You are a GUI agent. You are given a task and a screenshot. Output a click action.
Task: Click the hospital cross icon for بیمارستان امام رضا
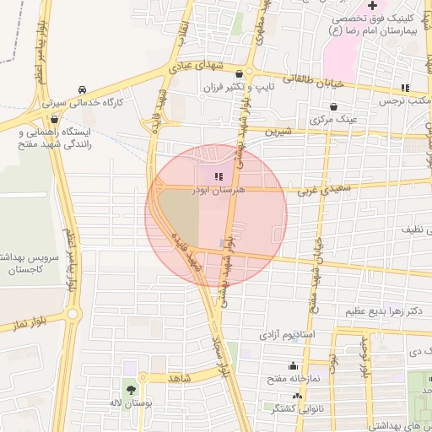[372, 5]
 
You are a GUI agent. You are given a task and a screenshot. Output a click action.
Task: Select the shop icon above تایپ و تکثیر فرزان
[240, 74]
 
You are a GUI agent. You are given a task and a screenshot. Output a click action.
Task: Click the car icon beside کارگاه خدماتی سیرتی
[81, 89]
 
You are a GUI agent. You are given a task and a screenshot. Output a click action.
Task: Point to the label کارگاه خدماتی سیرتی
[95, 102]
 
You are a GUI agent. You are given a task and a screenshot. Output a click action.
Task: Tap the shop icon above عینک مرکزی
[335, 107]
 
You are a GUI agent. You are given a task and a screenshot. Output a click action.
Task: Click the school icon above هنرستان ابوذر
[219, 177]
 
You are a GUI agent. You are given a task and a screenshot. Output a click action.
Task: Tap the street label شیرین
[277, 132]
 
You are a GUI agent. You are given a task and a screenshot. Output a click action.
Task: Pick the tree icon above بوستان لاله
[131, 390]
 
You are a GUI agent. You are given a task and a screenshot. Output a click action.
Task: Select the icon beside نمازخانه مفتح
[293, 366]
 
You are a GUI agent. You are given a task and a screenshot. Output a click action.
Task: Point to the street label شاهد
[181, 378]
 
